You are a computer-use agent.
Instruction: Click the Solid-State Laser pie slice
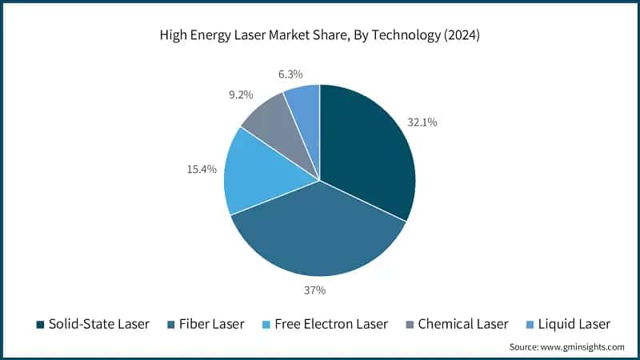(364, 148)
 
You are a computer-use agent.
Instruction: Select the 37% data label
(314, 290)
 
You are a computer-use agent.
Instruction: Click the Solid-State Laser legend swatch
(39, 325)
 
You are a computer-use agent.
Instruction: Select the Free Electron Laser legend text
(330, 324)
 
